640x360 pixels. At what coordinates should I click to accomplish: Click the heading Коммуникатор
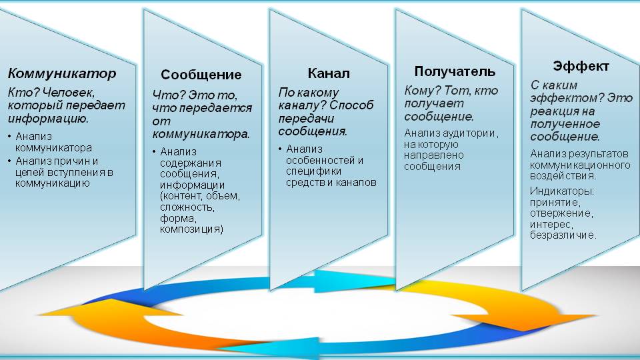pos(62,73)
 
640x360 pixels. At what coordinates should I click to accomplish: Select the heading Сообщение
pos(201,75)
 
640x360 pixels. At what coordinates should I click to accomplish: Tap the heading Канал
pos(329,73)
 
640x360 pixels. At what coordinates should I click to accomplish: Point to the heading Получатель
pos(455,71)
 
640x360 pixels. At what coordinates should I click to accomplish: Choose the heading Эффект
pos(581,66)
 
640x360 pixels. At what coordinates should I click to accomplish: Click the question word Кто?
pos(23,93)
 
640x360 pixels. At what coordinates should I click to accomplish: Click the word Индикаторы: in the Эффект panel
pos(561,191)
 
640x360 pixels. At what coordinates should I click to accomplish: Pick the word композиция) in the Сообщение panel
pos(191,229)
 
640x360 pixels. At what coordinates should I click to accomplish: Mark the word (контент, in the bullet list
pos(181,196)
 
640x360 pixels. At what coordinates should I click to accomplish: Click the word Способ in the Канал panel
pos(351,105)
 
